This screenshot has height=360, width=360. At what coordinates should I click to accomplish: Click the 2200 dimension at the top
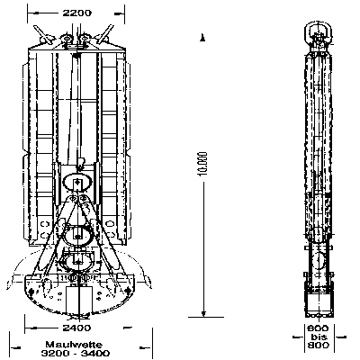76,13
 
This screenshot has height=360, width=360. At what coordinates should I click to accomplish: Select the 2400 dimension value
76,328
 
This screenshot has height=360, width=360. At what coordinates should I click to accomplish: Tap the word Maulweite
74,345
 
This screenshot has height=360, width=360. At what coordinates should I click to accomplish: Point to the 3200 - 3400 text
76,353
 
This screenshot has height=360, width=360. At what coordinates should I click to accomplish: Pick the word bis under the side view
319,337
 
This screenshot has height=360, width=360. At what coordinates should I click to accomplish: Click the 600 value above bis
319,328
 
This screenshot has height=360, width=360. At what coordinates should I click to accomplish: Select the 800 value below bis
319,346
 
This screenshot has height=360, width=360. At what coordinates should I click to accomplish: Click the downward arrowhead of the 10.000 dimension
203,314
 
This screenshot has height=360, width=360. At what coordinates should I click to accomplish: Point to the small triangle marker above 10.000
202,38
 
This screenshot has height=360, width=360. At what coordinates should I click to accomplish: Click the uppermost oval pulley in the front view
77,182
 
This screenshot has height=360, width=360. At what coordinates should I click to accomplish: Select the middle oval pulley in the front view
77,237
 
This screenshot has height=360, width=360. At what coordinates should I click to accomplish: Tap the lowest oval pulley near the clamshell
77,262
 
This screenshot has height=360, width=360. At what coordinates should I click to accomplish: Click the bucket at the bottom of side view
319,301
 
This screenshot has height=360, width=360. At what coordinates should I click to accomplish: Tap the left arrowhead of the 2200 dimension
36,13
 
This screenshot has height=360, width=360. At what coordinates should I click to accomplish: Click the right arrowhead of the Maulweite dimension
145,348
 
